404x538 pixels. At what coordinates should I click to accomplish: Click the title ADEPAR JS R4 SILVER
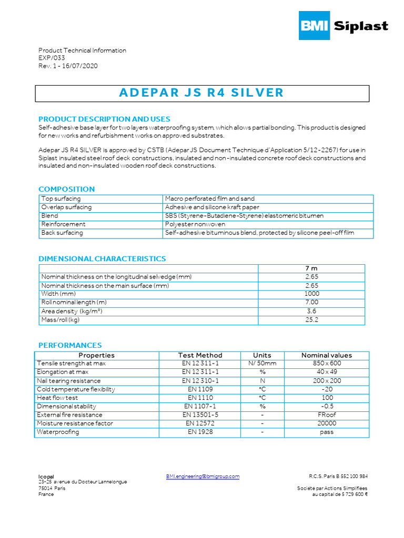point(201,93)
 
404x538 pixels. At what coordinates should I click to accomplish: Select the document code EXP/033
point(52,58)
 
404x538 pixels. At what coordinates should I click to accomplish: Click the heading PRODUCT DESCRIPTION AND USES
point(104,119)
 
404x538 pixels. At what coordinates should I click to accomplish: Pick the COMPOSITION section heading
point(67,189)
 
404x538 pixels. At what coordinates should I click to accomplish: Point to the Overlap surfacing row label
point(66,208)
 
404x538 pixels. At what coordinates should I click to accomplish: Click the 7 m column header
point(311,268)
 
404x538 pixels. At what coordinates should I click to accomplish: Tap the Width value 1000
point(311,294)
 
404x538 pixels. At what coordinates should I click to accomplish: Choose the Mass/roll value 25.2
point(311,320)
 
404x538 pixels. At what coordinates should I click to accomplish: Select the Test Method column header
point(200,356)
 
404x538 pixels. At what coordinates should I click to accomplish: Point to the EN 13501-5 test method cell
point(200,415)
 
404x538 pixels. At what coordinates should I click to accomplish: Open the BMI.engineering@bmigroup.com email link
point(203,477)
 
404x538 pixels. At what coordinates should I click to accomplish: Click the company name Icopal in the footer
point(46,477)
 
